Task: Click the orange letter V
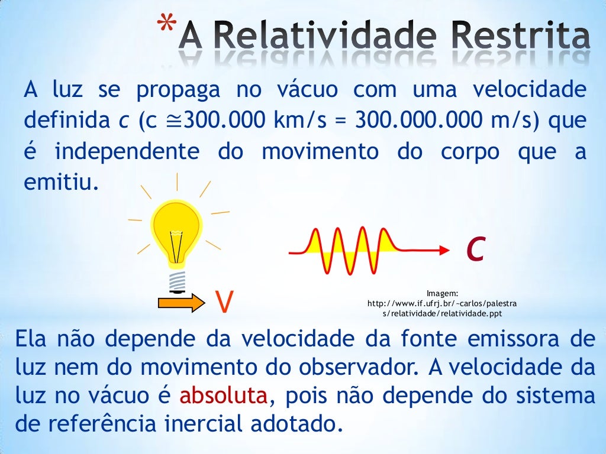click(223, 301)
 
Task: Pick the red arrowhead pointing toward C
click(443, 252)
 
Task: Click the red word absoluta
click(224, 395)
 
